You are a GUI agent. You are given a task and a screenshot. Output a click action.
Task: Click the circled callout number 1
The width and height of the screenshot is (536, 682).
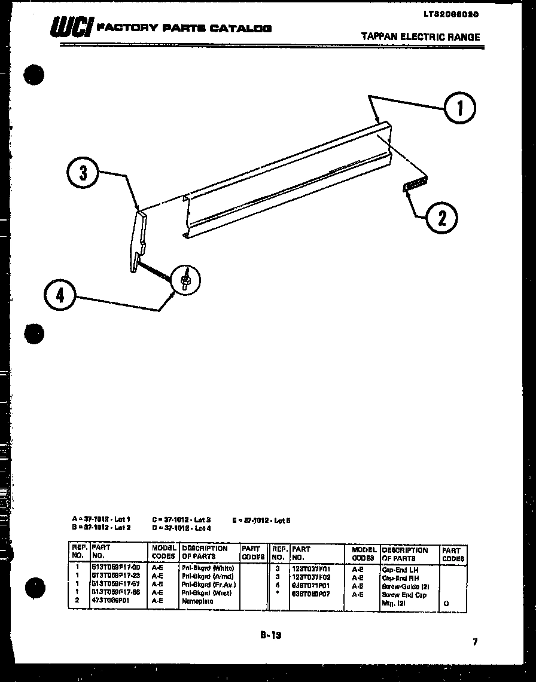[x=459, y=108]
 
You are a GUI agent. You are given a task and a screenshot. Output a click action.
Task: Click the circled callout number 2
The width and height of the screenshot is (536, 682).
[x=441, y=217]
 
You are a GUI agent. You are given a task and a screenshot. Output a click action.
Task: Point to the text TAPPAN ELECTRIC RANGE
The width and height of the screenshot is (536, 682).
[x=421, y=37]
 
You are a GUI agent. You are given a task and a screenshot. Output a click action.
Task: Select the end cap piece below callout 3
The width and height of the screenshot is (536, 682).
[x=140, y=239]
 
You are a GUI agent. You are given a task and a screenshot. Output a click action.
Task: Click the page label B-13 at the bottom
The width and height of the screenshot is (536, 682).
[x=270, y=636]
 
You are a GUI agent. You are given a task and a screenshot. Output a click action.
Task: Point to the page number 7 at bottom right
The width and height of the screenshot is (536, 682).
[x=475, y=642]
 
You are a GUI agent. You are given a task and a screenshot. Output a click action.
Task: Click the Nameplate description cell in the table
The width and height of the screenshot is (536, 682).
[x=197, y=601]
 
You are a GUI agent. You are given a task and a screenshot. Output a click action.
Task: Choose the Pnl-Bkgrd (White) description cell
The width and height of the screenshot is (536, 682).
[x=208, y=568]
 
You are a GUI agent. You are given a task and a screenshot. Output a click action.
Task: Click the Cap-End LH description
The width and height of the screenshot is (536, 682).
[x=400, y=570]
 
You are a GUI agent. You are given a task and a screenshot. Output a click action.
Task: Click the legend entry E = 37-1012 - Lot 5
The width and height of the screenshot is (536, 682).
[x=261, y=520]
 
